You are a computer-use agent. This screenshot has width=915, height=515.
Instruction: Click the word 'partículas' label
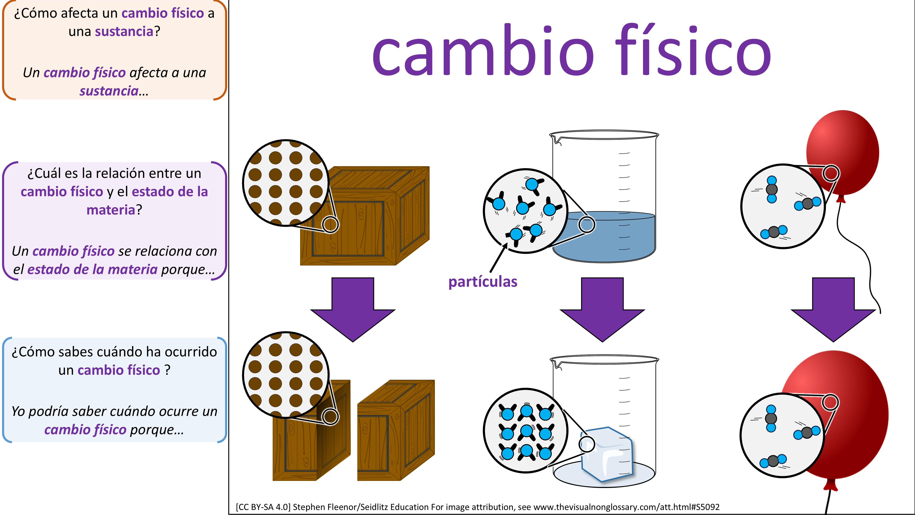pos(482,282)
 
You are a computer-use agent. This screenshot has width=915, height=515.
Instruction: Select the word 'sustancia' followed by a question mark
pos(124,32)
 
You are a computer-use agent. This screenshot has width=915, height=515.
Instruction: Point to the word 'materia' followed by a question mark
pos(111,210)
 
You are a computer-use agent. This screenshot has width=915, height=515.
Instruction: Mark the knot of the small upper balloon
pos(840,199)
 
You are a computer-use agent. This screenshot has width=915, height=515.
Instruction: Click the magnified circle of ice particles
pos(525,430)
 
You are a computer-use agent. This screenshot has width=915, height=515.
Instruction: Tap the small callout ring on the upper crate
pos(330,225)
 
